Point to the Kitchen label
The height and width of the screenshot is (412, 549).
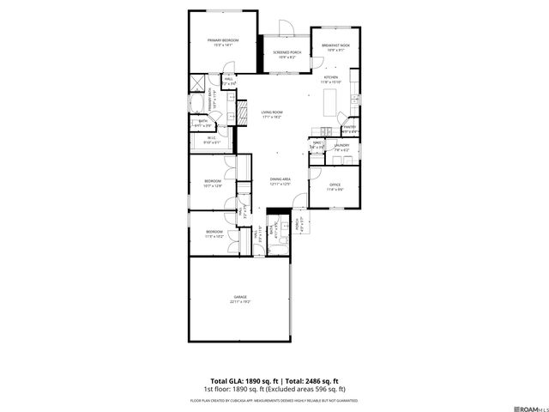coord(331,77)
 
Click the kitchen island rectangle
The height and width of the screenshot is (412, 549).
coord(329,104)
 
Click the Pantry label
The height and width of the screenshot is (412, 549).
coord(350,127)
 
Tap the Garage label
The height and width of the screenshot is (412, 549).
coord(239,297)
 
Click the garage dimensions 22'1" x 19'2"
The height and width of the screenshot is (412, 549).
coord(239,302)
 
